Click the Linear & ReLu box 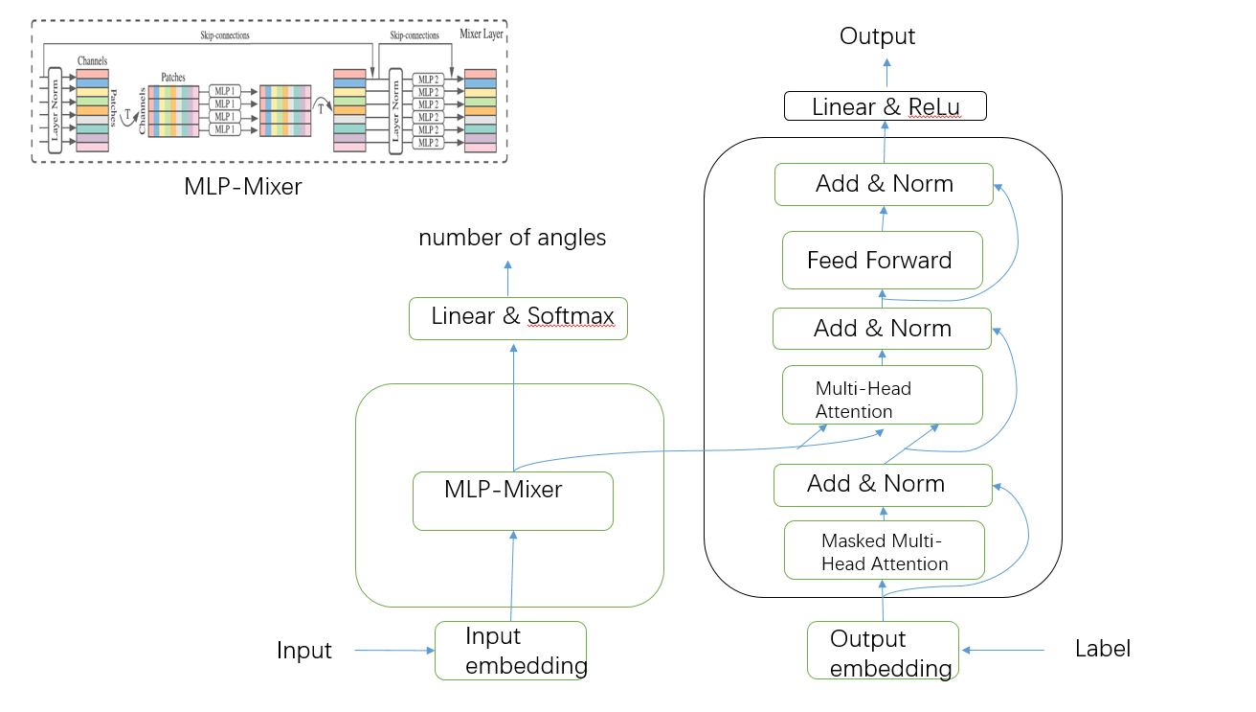(x=885, y=105)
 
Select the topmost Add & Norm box (x=885, y=184)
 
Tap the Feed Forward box (x=882, y=260)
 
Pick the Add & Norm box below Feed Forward (x=882, y=329)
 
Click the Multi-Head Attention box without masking (x=882, y=395)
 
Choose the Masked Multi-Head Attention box (x=884, y=551)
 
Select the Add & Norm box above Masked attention (x=882, y=485)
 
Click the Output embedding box (x=882, y=651)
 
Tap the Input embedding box (x=510, y=651)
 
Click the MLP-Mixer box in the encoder (x=512, y=500)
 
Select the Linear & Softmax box (x=518, y=318)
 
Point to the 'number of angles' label (x=512, y=238)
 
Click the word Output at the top (x=877, y=36)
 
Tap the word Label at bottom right (x=1103, y=649)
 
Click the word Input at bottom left (x=303, y=651)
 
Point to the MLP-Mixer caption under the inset (x=243, y=187)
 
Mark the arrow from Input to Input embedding (x=394, y=651)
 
